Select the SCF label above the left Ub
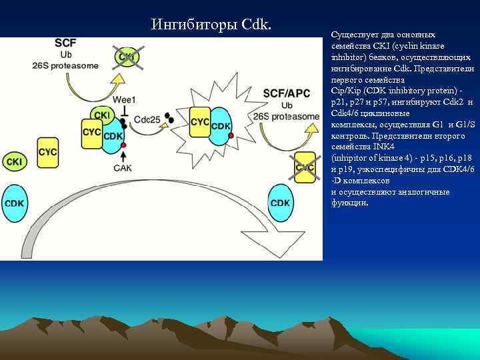pos(65,42)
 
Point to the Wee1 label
pos(124,99)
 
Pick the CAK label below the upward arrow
pos(123,168)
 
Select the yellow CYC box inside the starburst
pos(200,123)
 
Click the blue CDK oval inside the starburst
pos(221,126)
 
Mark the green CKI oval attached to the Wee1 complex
pos(103,115)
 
